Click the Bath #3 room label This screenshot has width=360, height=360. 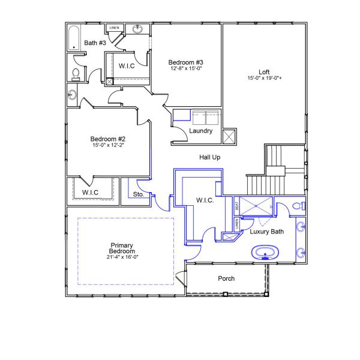pyautogui.click(x=95, y=43)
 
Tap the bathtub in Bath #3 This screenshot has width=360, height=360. pyautogui.click(x=74, y=37)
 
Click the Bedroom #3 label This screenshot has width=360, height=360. pyautogui.click(x=186, y=62)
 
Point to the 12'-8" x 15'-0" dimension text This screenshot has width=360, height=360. pyautogui.click(x=186, y=69)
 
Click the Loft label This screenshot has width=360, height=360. pyautogui.click(x=264, y=71)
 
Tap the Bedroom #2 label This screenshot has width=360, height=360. pyautogui.click(x=107, y=139)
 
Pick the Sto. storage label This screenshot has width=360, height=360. pyautogui.click(x=139, y=194)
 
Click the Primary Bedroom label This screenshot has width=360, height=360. pyautogui.click(x=122, y=248)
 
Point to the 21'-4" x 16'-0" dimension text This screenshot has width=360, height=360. pyautogui.click(x=122, y=257)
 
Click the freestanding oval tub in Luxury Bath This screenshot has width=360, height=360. pyautogui.click(x=265, y=252)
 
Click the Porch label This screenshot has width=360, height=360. pyautogui.click(x=226, y=278)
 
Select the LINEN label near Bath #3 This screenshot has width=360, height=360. pyautogui.click(x=115, y=28)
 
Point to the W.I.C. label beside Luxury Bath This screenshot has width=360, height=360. pyautogui.click(x=205, y=200)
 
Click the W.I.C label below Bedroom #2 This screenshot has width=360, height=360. pyautogui.click(x=91, y=193)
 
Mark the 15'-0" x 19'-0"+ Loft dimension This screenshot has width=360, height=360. pyautogui.click(x=264, y=79)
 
